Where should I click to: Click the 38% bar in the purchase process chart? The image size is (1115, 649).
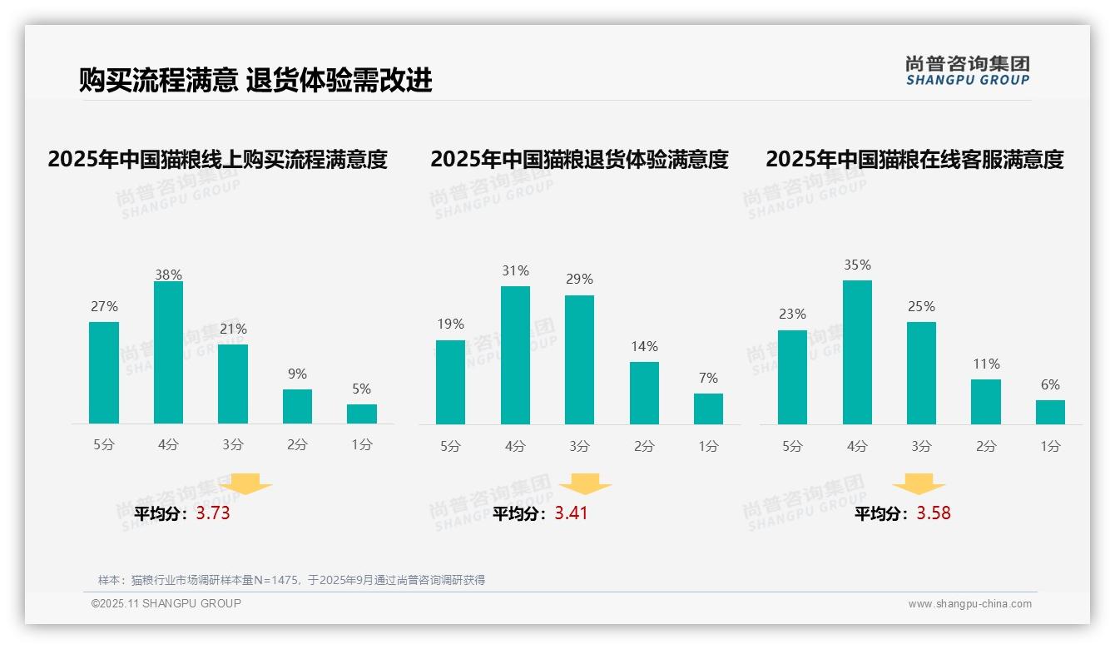click(168, 353)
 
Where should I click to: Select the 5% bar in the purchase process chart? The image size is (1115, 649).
click(362, 414)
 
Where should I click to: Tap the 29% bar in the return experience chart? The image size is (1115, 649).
click(579, 359)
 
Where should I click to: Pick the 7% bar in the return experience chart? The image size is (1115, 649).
click(708, 409)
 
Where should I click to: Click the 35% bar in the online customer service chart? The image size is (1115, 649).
click(857, 352)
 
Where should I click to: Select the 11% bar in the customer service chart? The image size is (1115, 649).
click(986, 402)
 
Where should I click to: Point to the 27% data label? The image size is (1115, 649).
click(104, 306)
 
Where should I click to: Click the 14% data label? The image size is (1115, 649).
click(644, 346)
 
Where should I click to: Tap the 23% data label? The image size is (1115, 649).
click(792, 314)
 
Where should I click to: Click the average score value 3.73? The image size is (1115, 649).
click(213, 513)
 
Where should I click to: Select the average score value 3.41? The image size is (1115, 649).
click(571, 513)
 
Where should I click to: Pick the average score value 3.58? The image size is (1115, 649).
click(934, 513)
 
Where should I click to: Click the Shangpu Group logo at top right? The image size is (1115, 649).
click(968, 71)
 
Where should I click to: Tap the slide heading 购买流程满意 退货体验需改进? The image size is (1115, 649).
click(255, 80)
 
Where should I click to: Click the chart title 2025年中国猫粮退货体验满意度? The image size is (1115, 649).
click(579, 159)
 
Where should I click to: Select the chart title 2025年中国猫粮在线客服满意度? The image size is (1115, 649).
click(914, 159)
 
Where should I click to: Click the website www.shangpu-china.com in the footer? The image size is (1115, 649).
click(969, 604)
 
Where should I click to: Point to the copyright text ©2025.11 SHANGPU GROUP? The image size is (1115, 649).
click(166, 603)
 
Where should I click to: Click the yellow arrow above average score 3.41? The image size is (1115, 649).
click(586, 484)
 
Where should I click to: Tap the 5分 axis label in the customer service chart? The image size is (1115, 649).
click(792, 447)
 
